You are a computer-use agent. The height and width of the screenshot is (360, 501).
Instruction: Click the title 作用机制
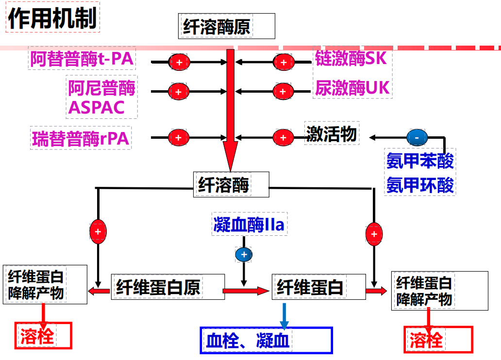click(x=52, y=18)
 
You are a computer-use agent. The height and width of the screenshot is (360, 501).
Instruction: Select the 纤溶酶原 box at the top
click(x=226, y=26)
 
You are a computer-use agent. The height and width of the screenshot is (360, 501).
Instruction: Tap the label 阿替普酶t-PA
click(x=82, y=59)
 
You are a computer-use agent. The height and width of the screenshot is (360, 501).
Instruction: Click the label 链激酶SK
click(x=351, y=59)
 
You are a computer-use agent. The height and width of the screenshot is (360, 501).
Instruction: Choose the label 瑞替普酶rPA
click(x=81, y=138)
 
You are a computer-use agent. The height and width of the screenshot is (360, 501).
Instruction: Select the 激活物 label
click(x=331, y=133)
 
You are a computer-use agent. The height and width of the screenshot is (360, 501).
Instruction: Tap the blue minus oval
click(x=417, y=138)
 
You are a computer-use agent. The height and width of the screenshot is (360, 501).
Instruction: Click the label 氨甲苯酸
click(x=420, y=161)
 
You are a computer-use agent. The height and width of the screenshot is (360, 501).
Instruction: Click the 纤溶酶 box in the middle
click(x=231, y=184)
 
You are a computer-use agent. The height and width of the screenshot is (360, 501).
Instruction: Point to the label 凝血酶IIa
click(x=249, y=225)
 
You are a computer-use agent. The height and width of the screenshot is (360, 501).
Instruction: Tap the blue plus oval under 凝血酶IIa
click(x=244, y=254)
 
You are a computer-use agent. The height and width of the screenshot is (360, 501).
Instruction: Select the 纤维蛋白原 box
click(x=168, y=287)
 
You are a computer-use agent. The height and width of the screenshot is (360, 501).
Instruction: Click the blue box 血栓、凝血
click(x=266, y=340)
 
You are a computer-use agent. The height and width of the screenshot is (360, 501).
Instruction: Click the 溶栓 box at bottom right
click(x=438, y=340)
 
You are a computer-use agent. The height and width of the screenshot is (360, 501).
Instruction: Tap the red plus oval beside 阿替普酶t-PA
click(x=179, y=62)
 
